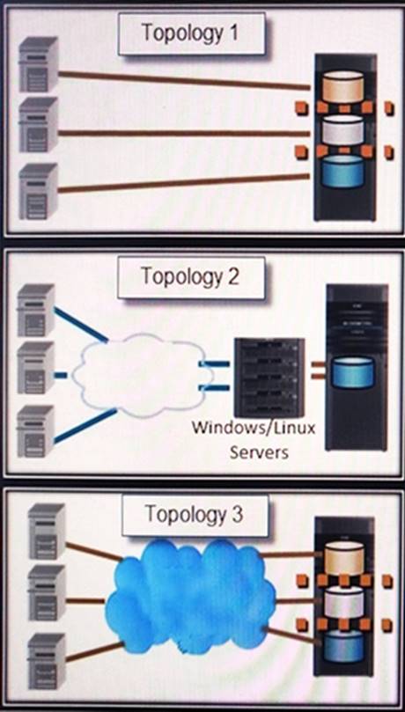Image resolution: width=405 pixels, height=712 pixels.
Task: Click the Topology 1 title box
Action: (x=191, y=33)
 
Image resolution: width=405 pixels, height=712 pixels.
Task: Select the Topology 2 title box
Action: (x=191, y=277)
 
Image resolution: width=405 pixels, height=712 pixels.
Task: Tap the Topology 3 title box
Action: (x=195, y=515)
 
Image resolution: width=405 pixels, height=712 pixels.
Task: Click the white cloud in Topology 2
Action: (x=142, y=374)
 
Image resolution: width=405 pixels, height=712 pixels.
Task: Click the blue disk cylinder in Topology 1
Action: (x=342, y=170)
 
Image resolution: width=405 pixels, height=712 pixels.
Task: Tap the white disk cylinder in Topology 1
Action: (x=342, y=129)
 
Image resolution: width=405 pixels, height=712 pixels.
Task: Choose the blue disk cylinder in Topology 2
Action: (x=353, y=372)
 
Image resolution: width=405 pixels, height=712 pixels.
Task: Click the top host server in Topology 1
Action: (x=38, y=64)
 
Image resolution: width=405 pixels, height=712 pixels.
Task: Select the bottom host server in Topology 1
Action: (x=38, y=191)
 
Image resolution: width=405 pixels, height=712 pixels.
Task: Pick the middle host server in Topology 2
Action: (x=36, y=367)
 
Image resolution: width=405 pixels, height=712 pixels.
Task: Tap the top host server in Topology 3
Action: (x=47, y=532)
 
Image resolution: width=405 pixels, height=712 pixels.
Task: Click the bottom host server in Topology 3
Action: (x=47, y=661)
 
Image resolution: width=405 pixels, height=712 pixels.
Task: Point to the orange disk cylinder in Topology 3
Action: (x=343, y=557)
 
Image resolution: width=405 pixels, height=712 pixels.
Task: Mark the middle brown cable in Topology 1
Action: (x=184, y=133)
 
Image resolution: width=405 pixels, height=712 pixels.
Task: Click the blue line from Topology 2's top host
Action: (x=81, y=324)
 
